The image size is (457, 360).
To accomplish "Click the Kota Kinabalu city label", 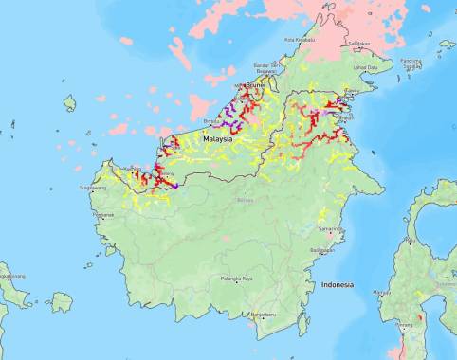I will [301, 40].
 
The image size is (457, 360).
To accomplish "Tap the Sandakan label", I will [358, 44].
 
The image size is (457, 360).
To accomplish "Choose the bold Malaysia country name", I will [219, 137].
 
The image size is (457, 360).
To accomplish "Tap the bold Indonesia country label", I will [337, 284].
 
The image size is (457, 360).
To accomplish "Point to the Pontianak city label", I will [103, 214].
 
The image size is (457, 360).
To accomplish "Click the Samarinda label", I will [330, 229].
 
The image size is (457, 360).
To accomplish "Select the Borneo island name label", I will [245, 201].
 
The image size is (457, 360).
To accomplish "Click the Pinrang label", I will [405, 325].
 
